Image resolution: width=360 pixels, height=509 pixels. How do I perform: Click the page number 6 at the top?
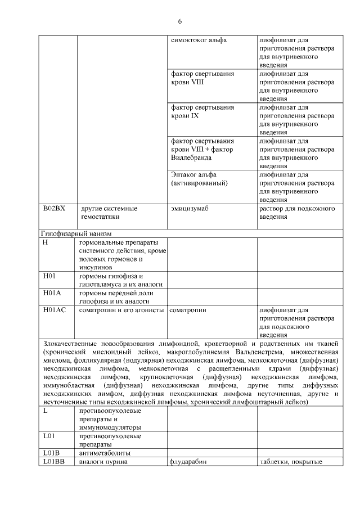coord(179,21)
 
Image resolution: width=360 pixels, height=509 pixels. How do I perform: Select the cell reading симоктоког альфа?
coord(195,40)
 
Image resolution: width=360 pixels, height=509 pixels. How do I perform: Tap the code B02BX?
coord(54,209)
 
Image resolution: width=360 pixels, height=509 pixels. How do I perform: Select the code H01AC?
coord(54,310)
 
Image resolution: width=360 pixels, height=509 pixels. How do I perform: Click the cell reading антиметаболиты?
coord(105,453)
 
